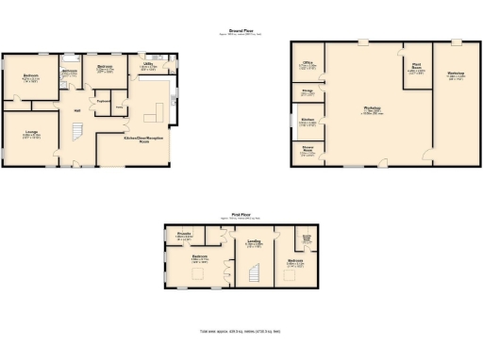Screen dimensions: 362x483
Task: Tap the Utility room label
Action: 148,66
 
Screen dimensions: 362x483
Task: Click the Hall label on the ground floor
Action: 76,108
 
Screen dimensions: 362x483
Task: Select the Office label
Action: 308,65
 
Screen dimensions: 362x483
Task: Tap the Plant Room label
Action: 415,68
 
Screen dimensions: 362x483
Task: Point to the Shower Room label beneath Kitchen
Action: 308,149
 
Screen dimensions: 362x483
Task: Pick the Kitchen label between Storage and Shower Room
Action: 308,122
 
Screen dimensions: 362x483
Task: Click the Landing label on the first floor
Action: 254,242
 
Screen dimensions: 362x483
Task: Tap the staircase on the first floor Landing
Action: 253,273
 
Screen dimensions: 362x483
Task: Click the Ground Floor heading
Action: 243,30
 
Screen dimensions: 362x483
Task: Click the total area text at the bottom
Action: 241,332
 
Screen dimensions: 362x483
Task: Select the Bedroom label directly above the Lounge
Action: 31,77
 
